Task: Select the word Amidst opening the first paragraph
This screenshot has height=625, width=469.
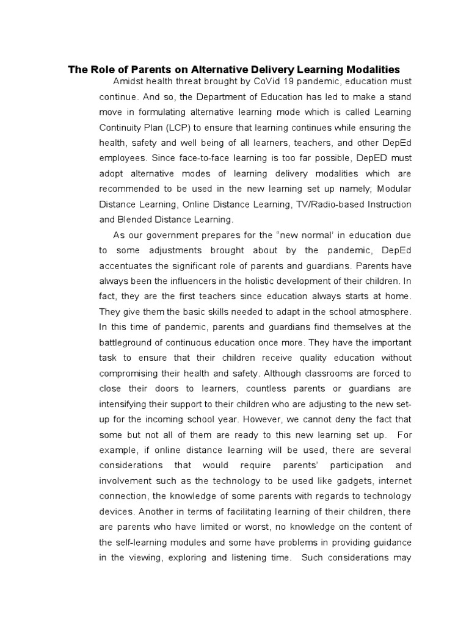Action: pyautogui.click(x=128, y=81)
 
